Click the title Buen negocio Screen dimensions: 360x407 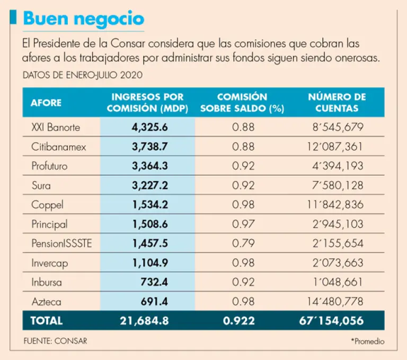[84, 19]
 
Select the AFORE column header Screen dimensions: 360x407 [46, 102]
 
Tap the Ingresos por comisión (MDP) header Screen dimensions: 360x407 [147, 103]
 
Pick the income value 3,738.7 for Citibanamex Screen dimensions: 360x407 [150, 147]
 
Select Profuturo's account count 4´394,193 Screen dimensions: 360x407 [338, 166]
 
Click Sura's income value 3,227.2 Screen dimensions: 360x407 [150, 185]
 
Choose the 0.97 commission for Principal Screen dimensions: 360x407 [243, 224]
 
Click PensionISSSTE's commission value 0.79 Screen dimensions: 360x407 [243, 243]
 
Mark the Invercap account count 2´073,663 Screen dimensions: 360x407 [338, 263]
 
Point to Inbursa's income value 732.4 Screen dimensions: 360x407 [155, 282]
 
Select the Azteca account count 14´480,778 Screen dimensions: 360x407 [335, 301]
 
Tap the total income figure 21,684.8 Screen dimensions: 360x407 [147, 320]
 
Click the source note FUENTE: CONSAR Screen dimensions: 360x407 [55, 341]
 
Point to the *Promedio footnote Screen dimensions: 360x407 [367, 341]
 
